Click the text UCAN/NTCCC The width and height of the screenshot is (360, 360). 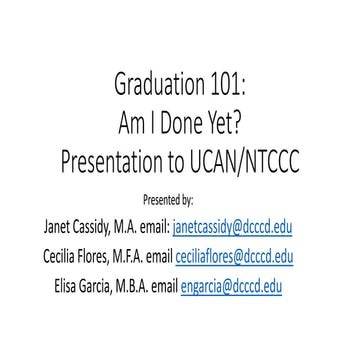[x=251, y=163]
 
